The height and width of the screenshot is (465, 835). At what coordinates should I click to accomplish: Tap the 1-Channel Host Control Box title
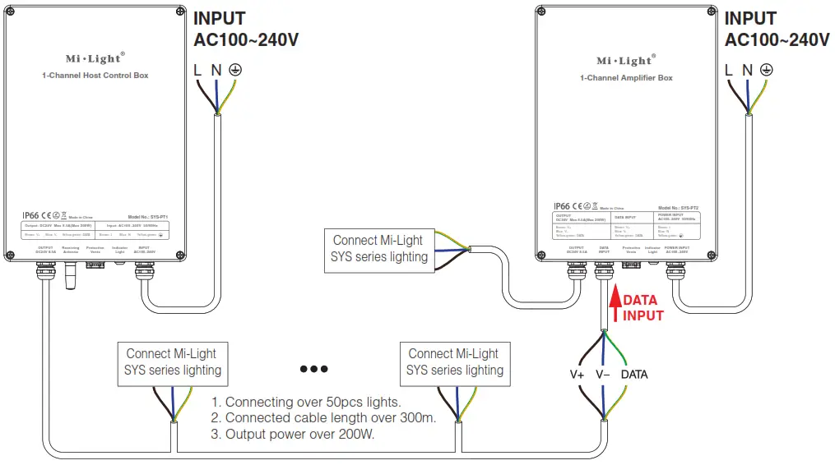pyautogui.click(x=95, y=76)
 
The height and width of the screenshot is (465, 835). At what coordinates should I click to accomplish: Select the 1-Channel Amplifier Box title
pyautogui.click(x=626, y=78)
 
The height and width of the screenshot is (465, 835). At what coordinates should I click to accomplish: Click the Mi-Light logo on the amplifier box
pyautogui.click(x=624, y=61)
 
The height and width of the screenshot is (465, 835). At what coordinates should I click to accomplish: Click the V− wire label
pyautogui.click(x=603, y=375)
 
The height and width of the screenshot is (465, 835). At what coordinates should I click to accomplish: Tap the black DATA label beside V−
pyautogui.click(x=634, y=375)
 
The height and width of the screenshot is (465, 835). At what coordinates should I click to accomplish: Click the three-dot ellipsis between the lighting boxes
pyautogui.click(x=313, y=369)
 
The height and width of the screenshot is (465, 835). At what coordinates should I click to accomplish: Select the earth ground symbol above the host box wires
pyautogui.click(x=234, y=71)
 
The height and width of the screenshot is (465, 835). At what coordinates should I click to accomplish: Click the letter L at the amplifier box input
pyautogui.click(x=729, y=71)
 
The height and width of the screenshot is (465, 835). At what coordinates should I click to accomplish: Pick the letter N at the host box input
pyautogui.click(x=216, y=71)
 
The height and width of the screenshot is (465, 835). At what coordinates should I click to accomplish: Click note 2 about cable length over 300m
pyautogui.click(x=323, y=418)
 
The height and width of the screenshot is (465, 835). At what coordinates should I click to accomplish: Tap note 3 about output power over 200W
pyautogui.click(x=293, y=434)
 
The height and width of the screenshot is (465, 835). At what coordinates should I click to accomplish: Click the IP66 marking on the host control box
pyautogui.click(x=31, y=216)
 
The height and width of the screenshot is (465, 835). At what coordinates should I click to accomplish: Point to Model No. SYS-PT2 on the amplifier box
pyautogui.click(x=679, y=209)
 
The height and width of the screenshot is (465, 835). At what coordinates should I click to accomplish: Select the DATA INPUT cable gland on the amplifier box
pyautogui.click(x=605, y=269)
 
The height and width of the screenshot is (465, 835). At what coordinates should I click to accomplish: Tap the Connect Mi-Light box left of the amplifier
pyautogui.click(x=379, y=249)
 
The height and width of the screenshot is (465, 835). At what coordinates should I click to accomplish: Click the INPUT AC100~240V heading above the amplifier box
pyautogui.click(x=776, y=30)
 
